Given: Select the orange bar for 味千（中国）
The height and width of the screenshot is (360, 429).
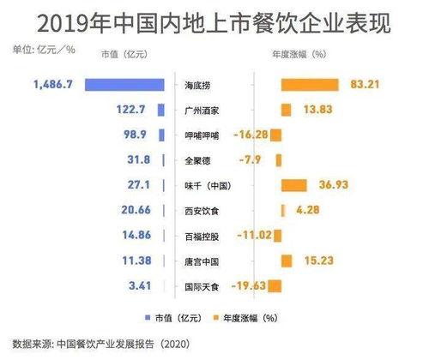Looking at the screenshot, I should point(293,185).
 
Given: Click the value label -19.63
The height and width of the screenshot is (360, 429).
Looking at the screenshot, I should point(245,285).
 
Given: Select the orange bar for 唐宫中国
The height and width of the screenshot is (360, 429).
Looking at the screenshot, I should point(287,261).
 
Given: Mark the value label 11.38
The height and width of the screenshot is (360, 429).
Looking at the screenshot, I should point(135,261).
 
